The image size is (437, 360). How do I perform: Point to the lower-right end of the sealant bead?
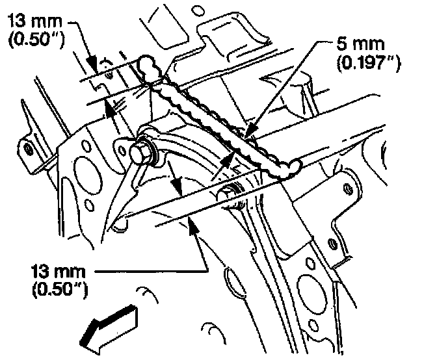point(291,166)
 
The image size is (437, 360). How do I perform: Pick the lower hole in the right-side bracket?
point(333,244)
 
